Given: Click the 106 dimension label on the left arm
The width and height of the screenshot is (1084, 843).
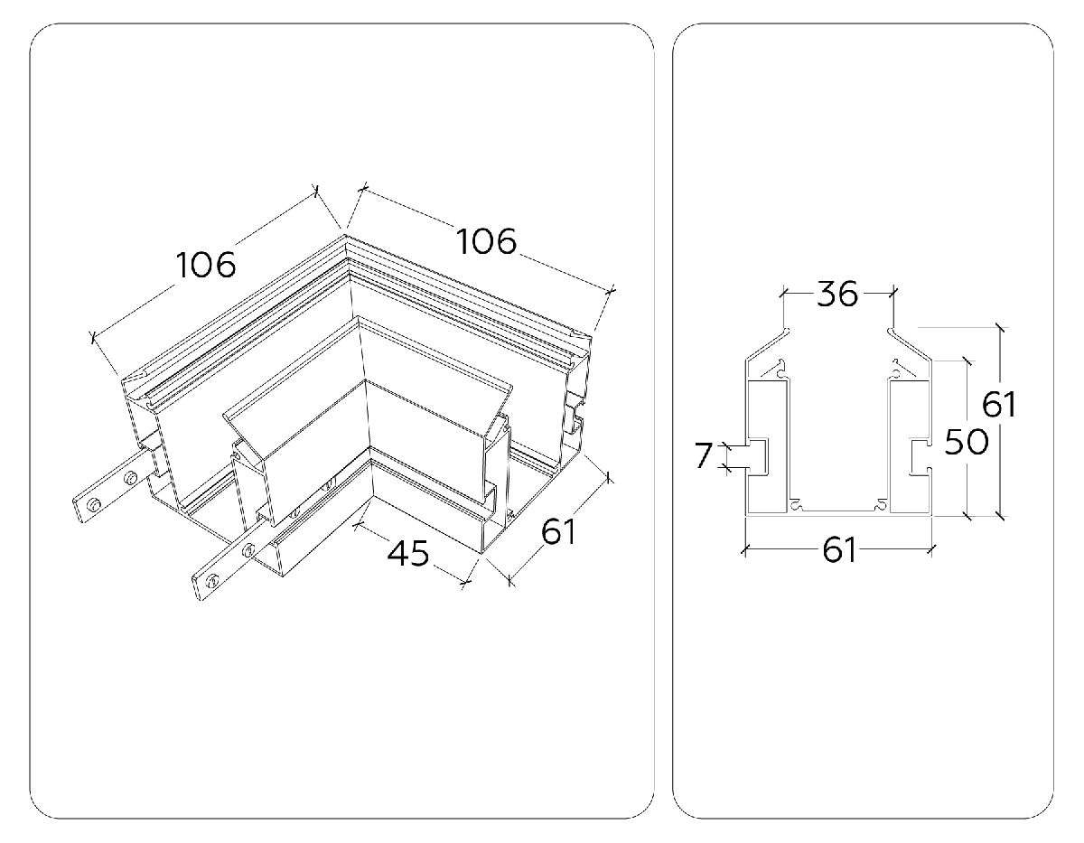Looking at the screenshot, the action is (x=206, y=265).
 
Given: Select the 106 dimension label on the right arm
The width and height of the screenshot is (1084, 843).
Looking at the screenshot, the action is (x=486, y=241).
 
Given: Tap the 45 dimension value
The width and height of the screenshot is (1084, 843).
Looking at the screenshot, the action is (x=408, y=553).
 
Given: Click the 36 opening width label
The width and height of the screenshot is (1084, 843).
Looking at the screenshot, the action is (x=837, y=294).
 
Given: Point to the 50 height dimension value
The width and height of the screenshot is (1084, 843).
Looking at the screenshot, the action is (x=967, y=442).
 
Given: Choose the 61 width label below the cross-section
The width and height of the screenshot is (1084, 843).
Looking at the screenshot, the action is (x=839, y=550).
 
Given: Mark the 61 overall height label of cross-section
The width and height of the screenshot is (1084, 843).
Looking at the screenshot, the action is (x=999, y=404).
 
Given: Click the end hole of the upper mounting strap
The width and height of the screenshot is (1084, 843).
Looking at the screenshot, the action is (x=93, y=506).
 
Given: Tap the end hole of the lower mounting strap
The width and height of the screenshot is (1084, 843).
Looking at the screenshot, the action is (x=212, y=580).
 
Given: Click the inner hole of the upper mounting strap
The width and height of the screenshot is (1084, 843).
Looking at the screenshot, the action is (x=130, y=478).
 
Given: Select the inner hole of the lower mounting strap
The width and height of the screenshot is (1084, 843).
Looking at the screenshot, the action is (x=248, y=550).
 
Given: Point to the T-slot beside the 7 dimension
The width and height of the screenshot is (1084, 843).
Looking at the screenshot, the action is (x=757, y=455).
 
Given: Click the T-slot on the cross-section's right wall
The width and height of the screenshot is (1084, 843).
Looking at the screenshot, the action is (x=919, y=455).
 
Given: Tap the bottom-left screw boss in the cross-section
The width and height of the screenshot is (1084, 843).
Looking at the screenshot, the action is (x=796, y=506).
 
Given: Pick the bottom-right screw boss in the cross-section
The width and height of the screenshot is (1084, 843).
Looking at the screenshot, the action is (x=882, y=506).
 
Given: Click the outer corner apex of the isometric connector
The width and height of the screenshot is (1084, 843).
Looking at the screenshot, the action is (x=344, y=234).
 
